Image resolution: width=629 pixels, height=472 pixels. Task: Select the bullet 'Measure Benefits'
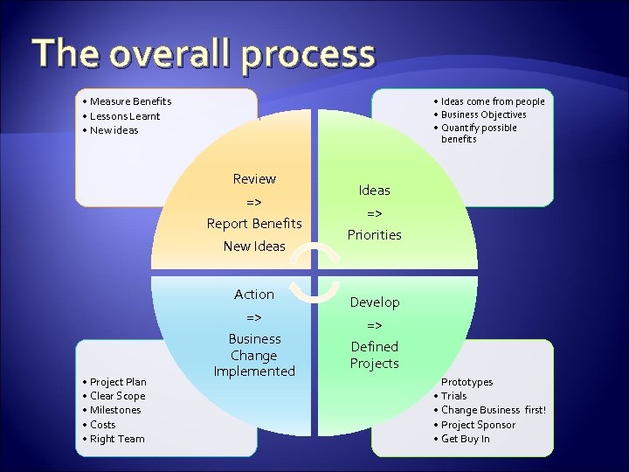(130, 101)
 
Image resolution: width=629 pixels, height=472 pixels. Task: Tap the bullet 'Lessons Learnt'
(125, 116)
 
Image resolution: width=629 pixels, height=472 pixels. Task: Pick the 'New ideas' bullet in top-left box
(114, 130)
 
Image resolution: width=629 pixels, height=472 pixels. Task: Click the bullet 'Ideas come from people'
(492, 101)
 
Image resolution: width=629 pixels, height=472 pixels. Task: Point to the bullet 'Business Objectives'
(483, 115)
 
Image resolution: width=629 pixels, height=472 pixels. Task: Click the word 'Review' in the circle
(254, 179)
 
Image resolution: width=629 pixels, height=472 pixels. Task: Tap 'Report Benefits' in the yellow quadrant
(254, 224)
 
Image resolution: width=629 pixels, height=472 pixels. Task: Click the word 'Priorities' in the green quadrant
(374, 235)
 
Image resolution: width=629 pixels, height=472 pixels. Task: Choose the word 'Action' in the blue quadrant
(254, 295)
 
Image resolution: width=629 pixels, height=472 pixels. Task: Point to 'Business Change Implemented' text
(254, 355)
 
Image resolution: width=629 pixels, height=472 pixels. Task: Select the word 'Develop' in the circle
(374, 302)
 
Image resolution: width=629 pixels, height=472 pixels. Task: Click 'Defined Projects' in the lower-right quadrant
(374, 355)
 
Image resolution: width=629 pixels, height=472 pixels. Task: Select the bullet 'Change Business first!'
(494, 410)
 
